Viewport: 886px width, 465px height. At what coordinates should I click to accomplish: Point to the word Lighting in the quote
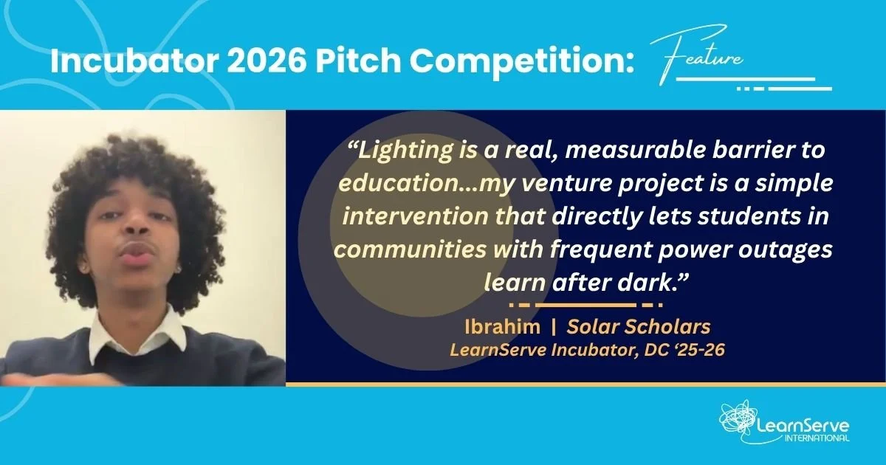(x=406, y=151)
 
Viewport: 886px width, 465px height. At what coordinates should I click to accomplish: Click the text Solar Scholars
(x=638, y=326)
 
